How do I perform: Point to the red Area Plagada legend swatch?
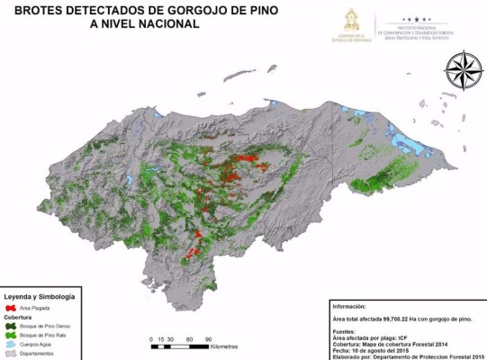[11, 307]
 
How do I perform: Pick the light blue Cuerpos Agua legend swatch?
[11, 344]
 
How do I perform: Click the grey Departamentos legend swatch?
[11, 353]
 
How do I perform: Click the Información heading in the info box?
[354, 304]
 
